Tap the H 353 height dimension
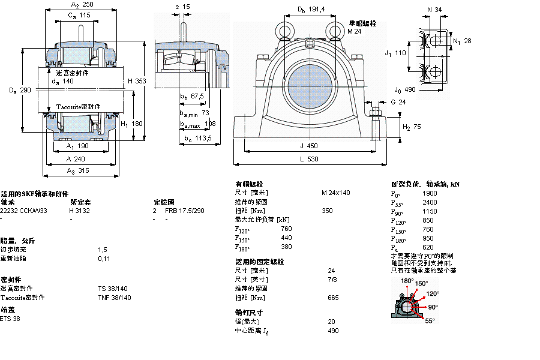(x=137, y=81)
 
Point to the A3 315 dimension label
(x=79, y=171)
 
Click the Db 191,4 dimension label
(x=311, y=10)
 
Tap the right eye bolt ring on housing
(x=334, y=30)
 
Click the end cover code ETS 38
(x=10, y=319)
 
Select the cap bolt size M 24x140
(x=335, y=193)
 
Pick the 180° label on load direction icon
(x=407, y=281)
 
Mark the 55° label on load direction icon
(x=430, y=321)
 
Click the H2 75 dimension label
(x=411, y=127)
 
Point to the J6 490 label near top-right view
(x=405, y=90)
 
